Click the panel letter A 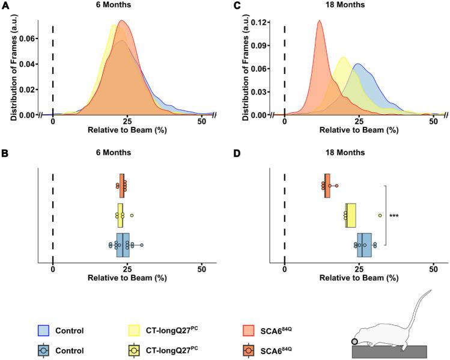click(x=5, y=5)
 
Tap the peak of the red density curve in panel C click(x=320, y=22)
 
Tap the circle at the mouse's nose click(x=356, y=341)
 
